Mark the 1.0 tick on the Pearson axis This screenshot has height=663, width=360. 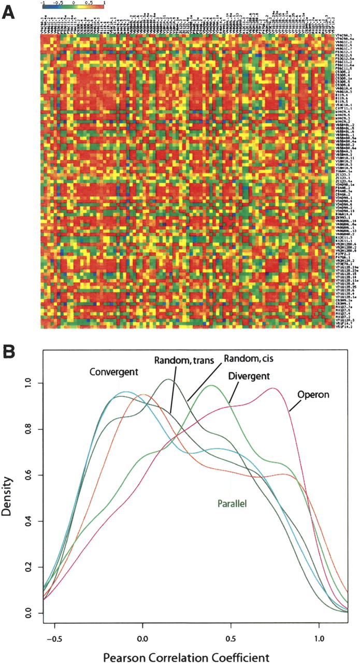pos(320,635)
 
